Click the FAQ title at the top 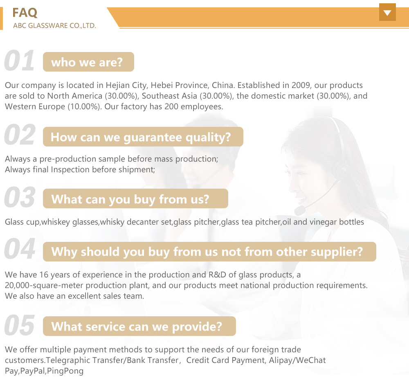click(x=25, y=13)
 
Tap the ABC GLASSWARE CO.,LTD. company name click(x=54, y=26)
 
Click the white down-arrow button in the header click(x=387, y=12)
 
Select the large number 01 click(x=20, y=61)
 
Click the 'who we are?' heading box click(x=88, y=62)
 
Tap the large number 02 click(x=20, y=136)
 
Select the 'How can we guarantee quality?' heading click(x=143, y=137)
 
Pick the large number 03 click(x=20, y=198)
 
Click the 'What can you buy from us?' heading click(x=135, y=199)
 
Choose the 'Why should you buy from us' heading click(x=209, y=252)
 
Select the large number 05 click(x=20, y=326)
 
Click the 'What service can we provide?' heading click(x=139, y=327)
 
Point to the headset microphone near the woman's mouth click(x=299, y=210)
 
